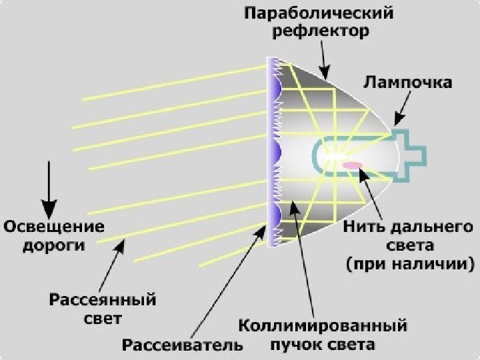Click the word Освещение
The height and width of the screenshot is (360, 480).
pyautogui.click(x=56, y=226)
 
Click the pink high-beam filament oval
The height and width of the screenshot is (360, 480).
pyautogui.click(x=352, y=164)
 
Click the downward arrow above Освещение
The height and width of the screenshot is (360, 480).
pyautogui.click(x=49, y=183)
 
